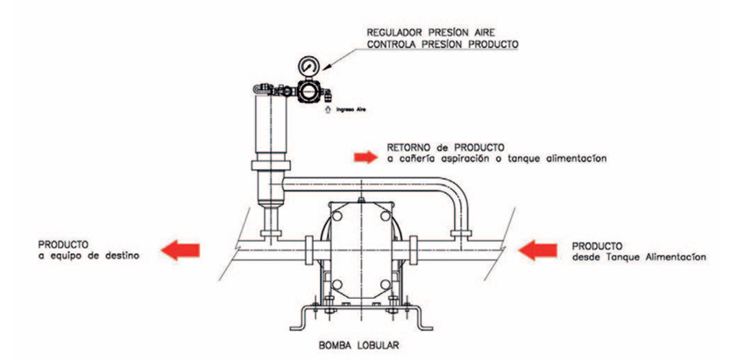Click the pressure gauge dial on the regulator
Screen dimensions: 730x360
[x=308, y=66]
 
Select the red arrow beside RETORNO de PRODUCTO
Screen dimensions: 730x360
[x=365, y=157]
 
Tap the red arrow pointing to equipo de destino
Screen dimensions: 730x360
[x=181, y=251]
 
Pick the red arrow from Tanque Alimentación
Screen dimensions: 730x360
[x=537, y=251]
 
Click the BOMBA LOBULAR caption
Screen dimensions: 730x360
[x=358, y=346]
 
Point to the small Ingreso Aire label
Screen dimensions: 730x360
[x=344, y=109]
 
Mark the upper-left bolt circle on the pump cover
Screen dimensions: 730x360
[x=337, y=215]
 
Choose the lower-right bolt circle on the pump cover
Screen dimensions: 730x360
[x=385, y=284]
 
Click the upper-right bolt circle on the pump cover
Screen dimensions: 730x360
[x=385, y=215]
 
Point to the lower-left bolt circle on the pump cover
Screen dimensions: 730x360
[x=337, y=284]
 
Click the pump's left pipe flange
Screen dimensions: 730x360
[x=309, y=251]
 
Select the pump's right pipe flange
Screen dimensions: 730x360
[x=413, y=251]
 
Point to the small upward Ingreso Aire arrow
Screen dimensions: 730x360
[x=328, y=109]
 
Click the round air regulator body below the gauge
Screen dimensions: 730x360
[x=308, y=91]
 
